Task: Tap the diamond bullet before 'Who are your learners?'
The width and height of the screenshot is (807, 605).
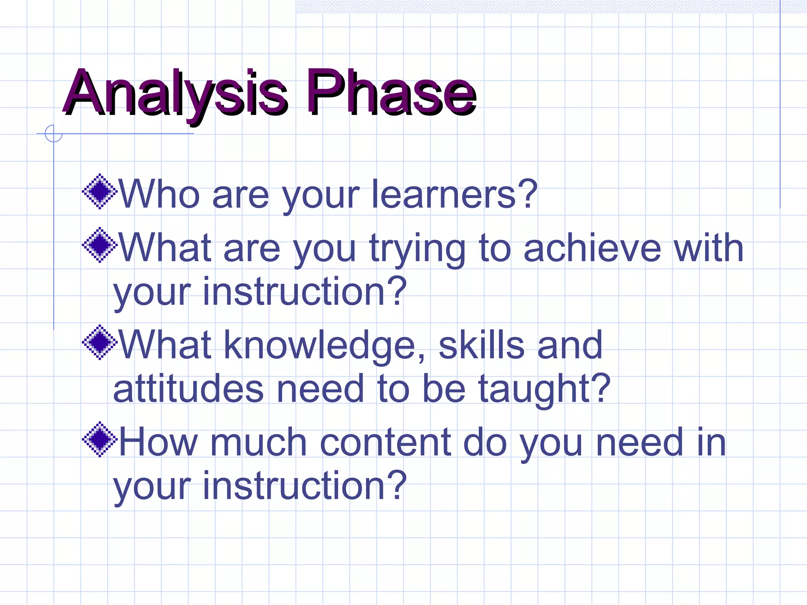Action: [x=100, y=191]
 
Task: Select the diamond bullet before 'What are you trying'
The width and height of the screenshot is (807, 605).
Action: [x=100, y=245]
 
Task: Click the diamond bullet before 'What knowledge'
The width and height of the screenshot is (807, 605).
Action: [x=100, y=342]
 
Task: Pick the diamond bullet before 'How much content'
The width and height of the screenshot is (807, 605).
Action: [x=100, y=439]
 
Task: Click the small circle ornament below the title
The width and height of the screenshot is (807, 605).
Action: [x=54, y=134]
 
